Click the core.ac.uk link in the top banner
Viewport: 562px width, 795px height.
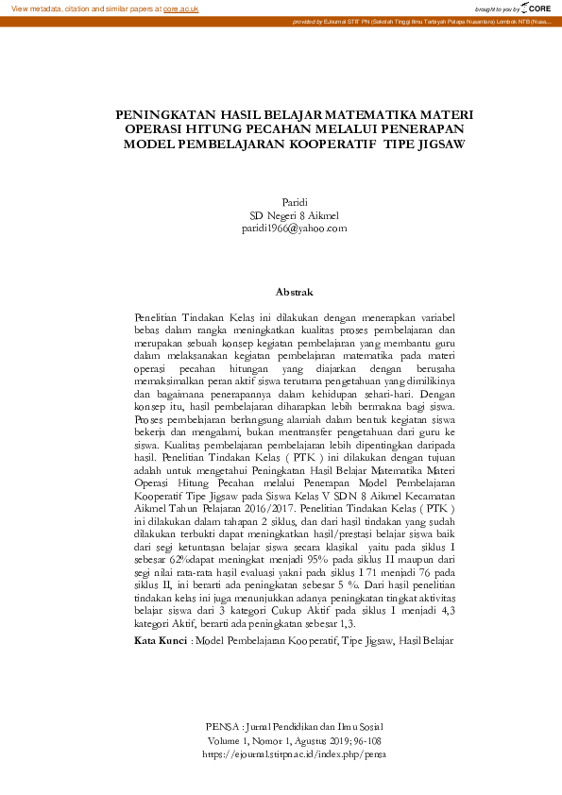pos(181,8)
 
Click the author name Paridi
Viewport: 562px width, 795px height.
pos(296,202)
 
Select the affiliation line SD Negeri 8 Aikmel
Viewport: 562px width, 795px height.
pos(295,215)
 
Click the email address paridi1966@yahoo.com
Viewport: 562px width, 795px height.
pos(295,228)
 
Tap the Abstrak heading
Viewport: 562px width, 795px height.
pos(294,293)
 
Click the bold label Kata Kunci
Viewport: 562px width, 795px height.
pos(161,615)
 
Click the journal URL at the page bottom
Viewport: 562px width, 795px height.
pos(295,754)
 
